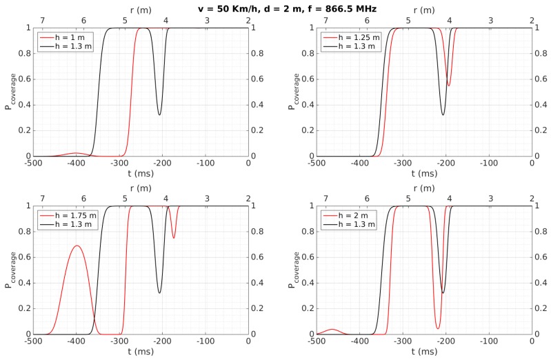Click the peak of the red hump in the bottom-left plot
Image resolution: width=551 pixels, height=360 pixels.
tap(77, 246)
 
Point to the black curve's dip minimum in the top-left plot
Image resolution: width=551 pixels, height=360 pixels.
tap(159, 114)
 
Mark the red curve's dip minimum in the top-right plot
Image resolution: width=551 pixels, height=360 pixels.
tap(449, 86)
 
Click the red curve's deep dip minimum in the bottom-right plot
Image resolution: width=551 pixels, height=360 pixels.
tap(437, 328)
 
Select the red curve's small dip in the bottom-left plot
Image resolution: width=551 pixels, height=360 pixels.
tap(173, 238)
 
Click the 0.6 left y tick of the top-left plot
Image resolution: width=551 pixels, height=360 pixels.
tap(23, 79)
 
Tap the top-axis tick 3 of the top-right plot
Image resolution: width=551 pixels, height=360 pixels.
tap(490, 21)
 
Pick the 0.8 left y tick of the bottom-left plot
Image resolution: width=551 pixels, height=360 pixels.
tap(23, 232)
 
